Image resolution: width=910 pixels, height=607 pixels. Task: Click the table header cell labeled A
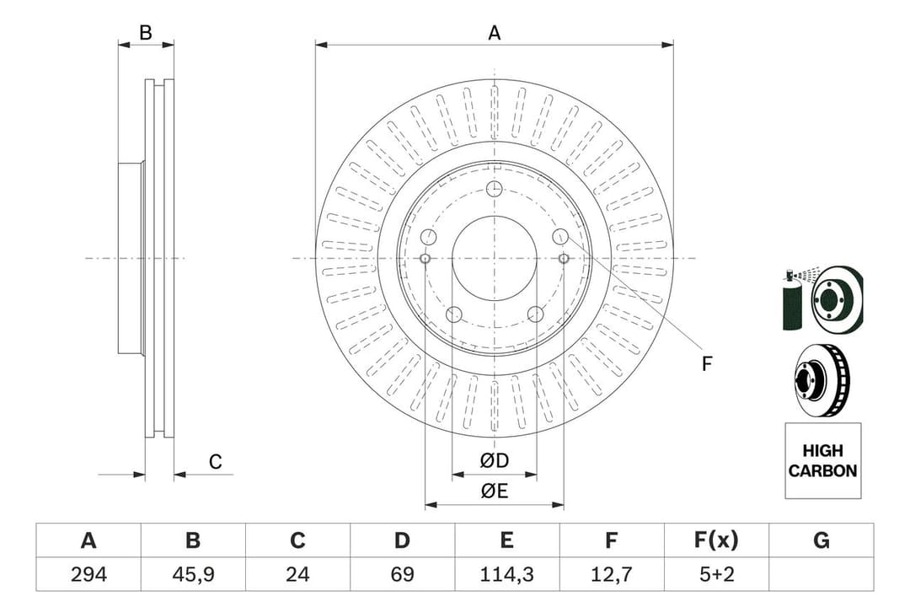point(88,540)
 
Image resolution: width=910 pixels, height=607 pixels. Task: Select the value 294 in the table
point(88,574)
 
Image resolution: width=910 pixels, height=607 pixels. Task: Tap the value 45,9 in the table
point(192,574)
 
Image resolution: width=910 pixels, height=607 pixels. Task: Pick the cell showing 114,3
point(506,574)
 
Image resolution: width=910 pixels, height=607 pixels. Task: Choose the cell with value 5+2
point(716,574)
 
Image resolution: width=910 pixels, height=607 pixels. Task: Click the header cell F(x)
point(716,540)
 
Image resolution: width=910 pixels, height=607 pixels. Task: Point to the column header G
point(821,540)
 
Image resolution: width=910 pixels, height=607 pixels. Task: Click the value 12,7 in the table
point(612,574)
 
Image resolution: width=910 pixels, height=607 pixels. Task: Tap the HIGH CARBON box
point(822,461)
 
